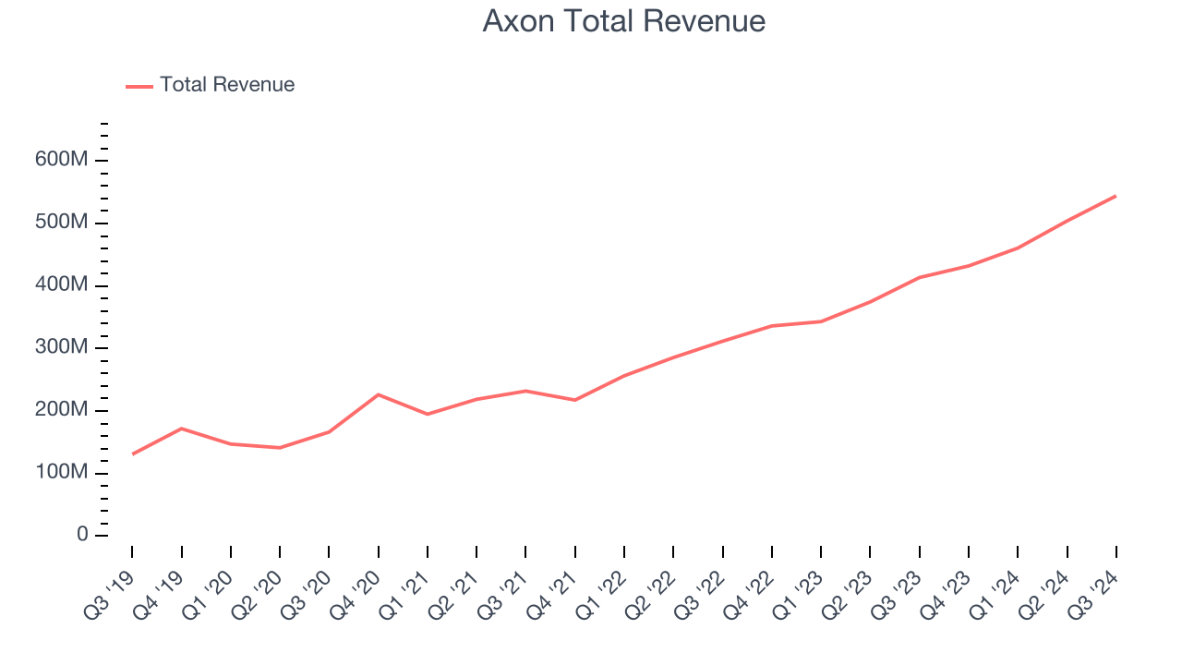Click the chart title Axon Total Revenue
click(x=623, y=21)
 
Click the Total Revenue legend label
click(x=227, y=85)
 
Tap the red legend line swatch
click(x=139, y=86)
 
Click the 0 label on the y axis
click(x=82, y=536)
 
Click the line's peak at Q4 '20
click(x=379, y=394)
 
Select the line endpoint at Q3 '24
click(x=1116, y=196)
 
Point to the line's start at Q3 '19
click(x=132, y=454)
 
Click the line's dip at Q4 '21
click(x=575, y=400)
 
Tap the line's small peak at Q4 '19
click(x=181, y=429)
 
